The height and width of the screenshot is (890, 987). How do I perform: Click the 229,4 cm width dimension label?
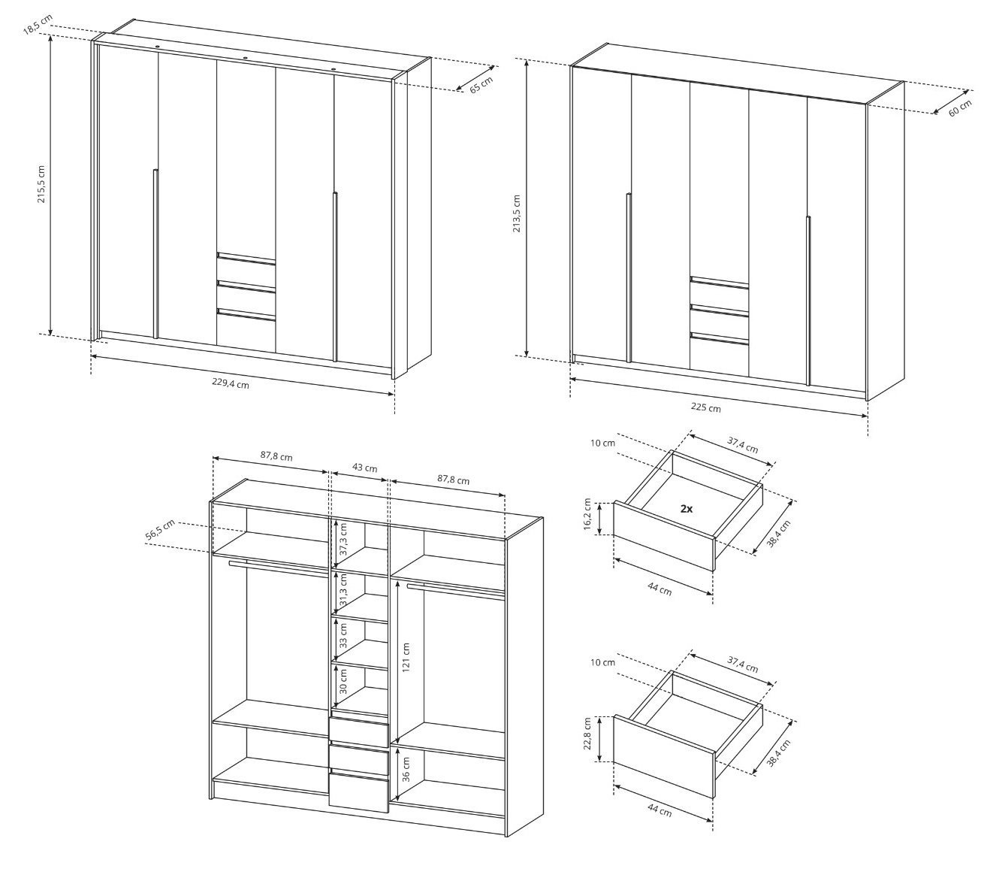click(231, 383)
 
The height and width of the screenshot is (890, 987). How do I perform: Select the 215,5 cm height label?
click(41, 183)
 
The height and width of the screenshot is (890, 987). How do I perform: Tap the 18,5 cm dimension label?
click(38, 25)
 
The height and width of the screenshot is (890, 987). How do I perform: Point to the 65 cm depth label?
click(481, 85)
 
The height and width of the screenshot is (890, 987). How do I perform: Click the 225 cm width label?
click(705, 407)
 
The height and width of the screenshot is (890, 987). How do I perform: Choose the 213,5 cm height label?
click(516, 213)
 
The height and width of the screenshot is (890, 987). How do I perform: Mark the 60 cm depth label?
click(960, 108)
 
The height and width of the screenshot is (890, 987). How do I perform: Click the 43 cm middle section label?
click(364, 468)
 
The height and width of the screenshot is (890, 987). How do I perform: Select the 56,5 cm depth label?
click(161, 530)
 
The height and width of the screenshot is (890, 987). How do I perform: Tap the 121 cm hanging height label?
click(406, 657)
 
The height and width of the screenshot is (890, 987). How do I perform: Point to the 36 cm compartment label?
click(406, 769)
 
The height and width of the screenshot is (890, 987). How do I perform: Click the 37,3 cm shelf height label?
click(343, 539)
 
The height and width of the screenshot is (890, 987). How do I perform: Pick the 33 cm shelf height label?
click(343, 635)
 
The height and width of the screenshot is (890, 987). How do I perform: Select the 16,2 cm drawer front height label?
click(587, 514)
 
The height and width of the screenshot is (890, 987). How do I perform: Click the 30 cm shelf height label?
click(343, 681)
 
